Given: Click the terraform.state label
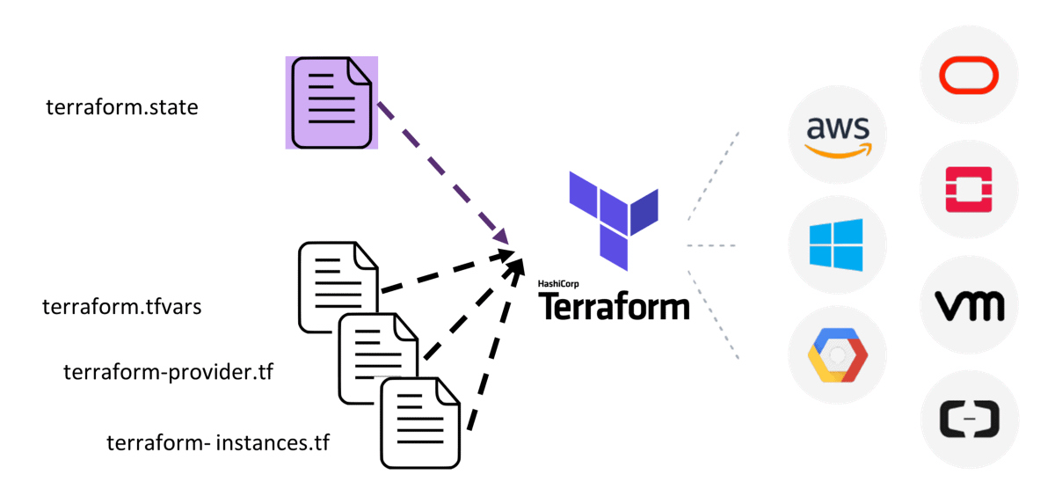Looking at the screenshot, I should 122,107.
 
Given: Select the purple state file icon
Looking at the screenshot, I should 331,102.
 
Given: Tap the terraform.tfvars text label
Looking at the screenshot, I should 122,308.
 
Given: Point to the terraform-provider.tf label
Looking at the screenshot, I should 168,372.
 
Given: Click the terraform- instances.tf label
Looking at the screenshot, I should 218,442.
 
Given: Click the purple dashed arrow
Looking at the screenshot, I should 444,172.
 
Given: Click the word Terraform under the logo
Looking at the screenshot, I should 614,307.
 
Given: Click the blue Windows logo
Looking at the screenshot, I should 837,244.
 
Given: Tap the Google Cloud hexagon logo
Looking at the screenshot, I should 837,355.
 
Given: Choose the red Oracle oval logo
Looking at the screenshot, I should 969,75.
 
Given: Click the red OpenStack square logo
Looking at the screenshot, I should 969,189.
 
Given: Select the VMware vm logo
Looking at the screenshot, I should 969,306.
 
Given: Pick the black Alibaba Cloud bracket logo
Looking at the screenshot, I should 969,419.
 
